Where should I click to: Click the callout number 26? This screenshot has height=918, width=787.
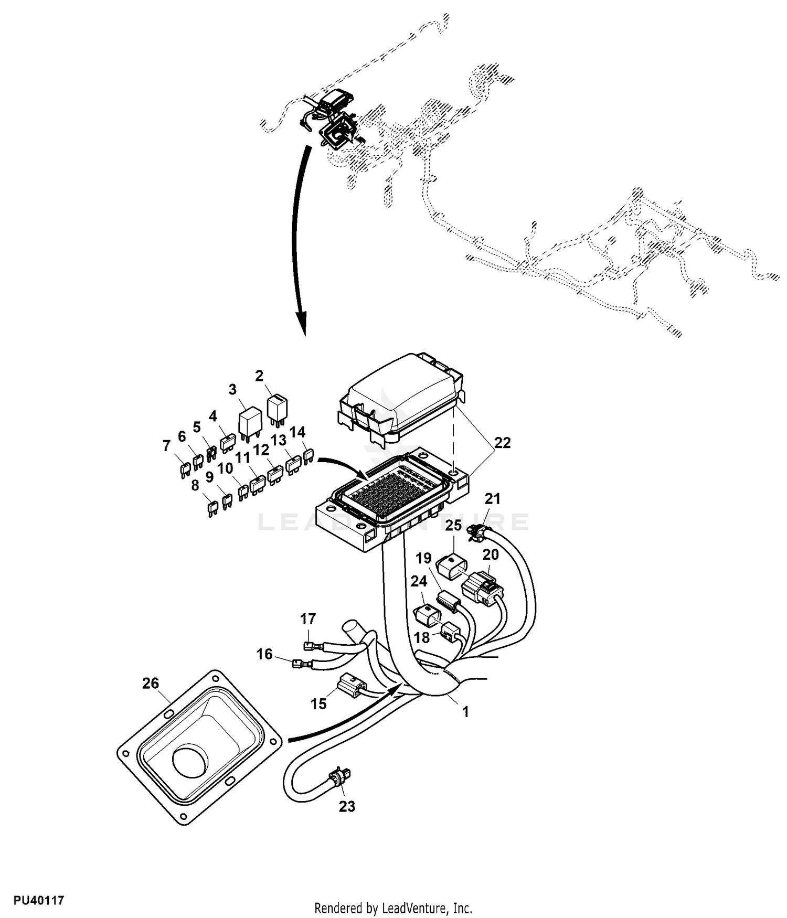(x=150, y=683)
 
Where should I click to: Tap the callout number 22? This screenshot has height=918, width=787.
(x=502, y=443)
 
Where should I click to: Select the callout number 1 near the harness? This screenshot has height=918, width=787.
(x=465, y=712)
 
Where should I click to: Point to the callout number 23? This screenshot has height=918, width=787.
(x=347, y=806)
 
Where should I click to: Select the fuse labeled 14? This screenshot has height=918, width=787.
(x=309, y=456)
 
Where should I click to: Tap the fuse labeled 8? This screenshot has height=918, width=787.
(x=212, y=509)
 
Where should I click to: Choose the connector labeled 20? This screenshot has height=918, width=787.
(x=482, y=588)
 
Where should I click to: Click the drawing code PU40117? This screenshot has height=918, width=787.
(x=39, y=901)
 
